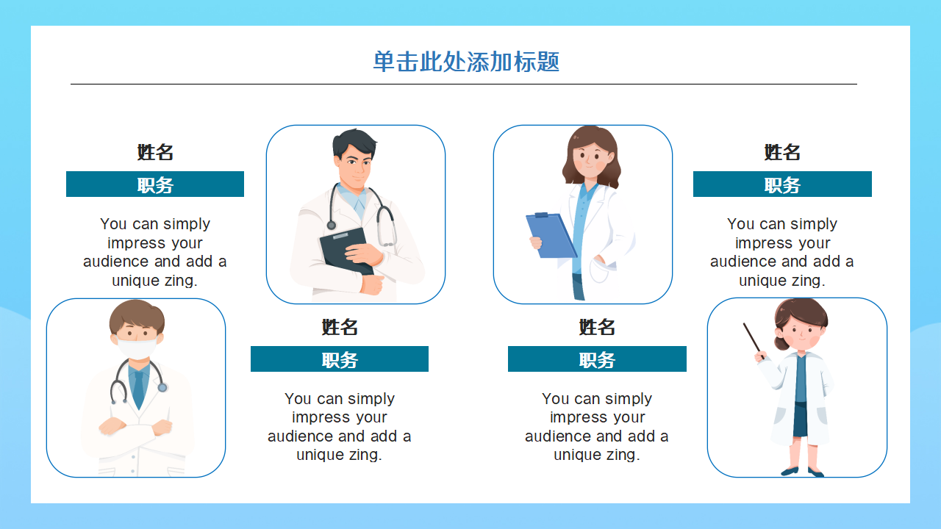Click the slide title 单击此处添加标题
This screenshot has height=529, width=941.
466,62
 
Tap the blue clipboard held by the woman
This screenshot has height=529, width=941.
551,235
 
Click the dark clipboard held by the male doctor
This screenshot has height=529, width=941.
346,250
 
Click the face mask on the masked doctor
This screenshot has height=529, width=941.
138,346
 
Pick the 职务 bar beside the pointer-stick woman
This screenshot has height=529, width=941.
782,184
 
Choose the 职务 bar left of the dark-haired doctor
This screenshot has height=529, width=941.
155,184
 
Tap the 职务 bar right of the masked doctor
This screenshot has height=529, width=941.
340,359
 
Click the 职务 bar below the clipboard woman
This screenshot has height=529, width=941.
597,359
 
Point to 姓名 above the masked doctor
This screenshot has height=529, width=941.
155,152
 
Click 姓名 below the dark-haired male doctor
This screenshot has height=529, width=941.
340,327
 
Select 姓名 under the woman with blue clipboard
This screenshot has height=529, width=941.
597,327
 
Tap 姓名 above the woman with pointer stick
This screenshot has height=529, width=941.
782,152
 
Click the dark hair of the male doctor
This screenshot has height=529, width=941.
354,142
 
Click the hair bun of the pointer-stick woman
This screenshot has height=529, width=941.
780,343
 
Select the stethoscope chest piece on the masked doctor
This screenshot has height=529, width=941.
162,387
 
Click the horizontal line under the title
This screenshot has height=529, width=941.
463,84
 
